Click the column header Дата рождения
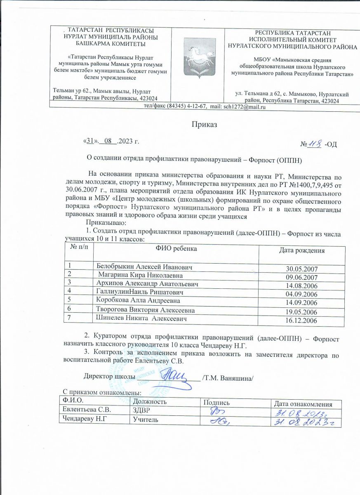pos(301,250)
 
